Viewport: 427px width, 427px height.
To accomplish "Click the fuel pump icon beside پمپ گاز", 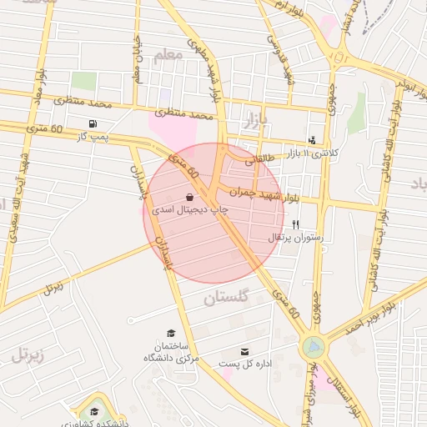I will tap(91, 124).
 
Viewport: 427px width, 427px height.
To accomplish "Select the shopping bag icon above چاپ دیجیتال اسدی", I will tap(191, 197).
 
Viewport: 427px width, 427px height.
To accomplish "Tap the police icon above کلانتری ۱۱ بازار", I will tap(312, 140).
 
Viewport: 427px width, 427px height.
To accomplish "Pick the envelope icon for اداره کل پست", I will tap(244, 352).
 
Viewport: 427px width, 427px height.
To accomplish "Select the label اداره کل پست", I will tap(241, 364).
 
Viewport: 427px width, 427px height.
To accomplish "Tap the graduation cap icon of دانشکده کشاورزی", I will tap(94, 412).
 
